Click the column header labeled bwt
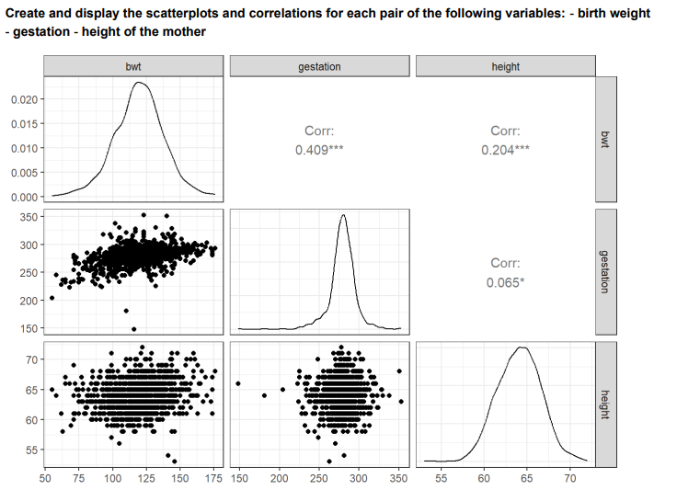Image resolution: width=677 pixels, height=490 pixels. [133, 66]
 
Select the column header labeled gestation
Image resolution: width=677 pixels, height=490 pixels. [319, 66]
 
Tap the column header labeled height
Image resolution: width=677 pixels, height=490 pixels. [506, 66]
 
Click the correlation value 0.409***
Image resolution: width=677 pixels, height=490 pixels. [319, 150]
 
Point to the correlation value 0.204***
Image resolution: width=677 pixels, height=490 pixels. [506, 150]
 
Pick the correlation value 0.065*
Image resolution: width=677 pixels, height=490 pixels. [506, 281]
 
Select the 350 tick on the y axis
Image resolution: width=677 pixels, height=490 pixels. [29, 217]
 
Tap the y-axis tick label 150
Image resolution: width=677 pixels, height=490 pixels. [29, 328]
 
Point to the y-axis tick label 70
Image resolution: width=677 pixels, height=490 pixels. [31, 359]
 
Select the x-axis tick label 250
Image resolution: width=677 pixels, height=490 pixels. [319, 478]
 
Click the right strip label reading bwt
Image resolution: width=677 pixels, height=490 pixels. [604, 139]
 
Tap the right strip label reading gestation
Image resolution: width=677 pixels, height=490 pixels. [604, 270]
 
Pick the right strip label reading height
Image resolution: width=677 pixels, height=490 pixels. [604, 403]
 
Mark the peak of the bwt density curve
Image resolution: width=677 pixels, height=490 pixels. [139, 83]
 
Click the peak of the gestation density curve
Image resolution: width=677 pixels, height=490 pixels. [343, 215]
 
